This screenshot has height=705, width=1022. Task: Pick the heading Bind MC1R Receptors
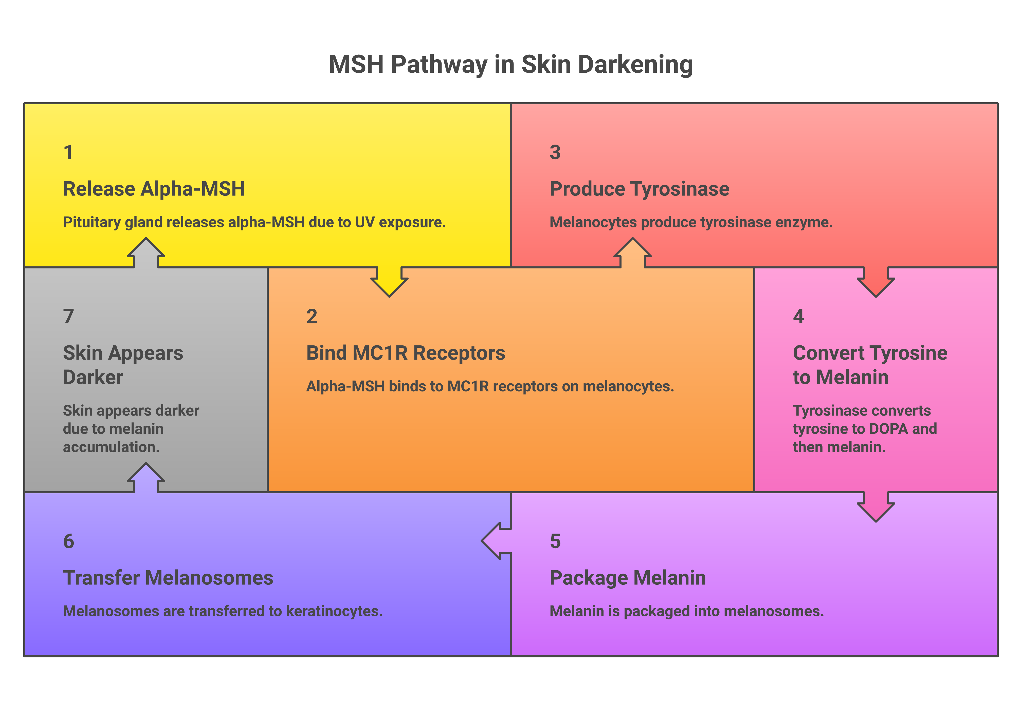tap(405, 353)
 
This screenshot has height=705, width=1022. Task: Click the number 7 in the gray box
tap(68, 317)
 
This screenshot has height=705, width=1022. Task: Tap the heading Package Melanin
tap(627, 578)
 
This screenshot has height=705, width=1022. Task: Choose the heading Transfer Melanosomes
tap(168, 578)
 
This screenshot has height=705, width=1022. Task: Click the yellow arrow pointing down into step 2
tap(389, 283)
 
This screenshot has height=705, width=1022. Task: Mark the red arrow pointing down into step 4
tap(876, 283)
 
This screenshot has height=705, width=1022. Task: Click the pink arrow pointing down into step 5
tap(876, 507)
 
